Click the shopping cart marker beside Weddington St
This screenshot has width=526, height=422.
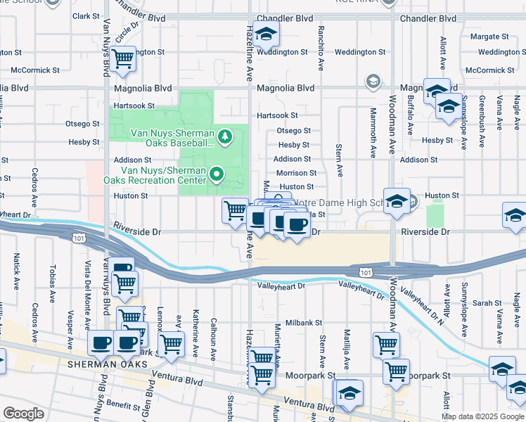123,59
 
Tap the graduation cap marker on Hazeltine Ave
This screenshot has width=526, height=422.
266,34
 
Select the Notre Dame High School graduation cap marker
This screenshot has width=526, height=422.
397,201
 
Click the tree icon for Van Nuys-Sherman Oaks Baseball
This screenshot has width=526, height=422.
225,136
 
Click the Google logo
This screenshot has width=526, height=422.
23,414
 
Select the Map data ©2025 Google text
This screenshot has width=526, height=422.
482,416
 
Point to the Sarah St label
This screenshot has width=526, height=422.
486,303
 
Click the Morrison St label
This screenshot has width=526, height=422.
296,173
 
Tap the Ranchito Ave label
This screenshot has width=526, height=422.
321,42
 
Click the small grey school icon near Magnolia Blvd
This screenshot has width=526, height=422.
372,82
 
